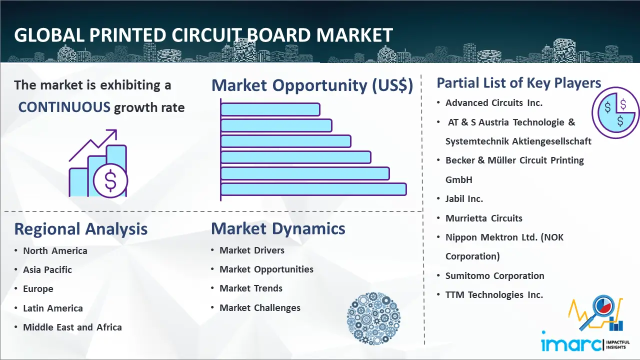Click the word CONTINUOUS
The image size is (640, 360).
[64, 107]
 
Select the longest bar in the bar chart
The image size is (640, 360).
[313, 189]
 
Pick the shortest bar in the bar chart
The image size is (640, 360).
[270, 109]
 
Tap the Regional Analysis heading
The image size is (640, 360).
[81, 229]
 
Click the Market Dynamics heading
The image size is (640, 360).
[278, 228]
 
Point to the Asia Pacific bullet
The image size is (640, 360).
[47, 269]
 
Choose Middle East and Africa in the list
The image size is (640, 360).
[72, 327]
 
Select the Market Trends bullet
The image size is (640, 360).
[251, 288]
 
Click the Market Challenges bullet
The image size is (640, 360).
[260, 307]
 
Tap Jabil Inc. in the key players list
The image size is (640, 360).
[464, 199]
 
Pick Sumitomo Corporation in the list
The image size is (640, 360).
[494, 275]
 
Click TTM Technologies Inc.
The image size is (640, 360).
[494, 295]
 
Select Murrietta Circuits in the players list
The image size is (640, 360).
[483, 218]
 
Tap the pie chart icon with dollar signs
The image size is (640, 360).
[615, 112]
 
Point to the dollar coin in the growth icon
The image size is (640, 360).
[110, 181]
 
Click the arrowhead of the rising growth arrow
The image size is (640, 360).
[113, 133]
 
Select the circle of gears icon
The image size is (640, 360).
[373, 318]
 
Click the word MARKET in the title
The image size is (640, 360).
[354, 35]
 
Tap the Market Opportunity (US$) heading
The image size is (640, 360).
[312, 85]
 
